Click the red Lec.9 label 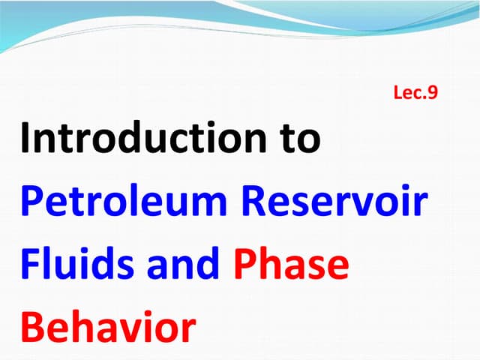415,93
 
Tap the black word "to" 296,139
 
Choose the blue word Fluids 70,266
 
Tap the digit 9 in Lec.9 431,93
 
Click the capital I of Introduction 26,139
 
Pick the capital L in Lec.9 397,93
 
